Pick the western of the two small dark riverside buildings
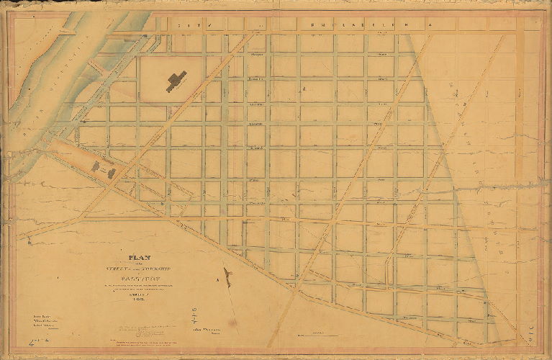pyautogui.click(x=98, y=166)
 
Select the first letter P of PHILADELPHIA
pyautogui.click(x=315, y=24)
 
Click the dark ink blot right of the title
pyautogui.click(x=227, y=276)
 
